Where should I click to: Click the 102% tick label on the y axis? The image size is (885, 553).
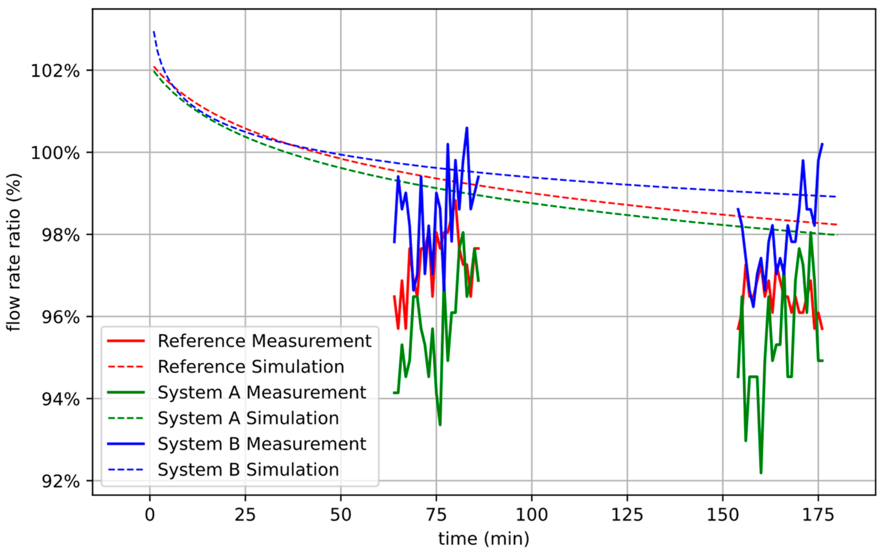(x=55, y=71)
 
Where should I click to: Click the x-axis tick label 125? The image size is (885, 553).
(x=627, y=515)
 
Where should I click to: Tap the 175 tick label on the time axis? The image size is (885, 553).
(x=818, y=515)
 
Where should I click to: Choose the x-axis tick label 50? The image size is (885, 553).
(x=340, y=515)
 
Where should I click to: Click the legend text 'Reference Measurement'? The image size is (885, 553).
(x=264, y=341)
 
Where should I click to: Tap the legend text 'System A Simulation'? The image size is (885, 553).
(x=248, y=418)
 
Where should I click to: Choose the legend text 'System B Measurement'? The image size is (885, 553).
(x=262, y=444)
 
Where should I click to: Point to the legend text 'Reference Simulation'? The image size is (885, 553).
(x=251, y=367)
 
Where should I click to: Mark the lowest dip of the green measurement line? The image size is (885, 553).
(x=761, y=473)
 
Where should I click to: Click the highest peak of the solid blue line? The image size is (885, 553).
(x=467, y=128)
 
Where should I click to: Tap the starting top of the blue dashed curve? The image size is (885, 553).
(x=154, y=32)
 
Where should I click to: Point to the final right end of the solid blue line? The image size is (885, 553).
(x=822, y=144)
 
